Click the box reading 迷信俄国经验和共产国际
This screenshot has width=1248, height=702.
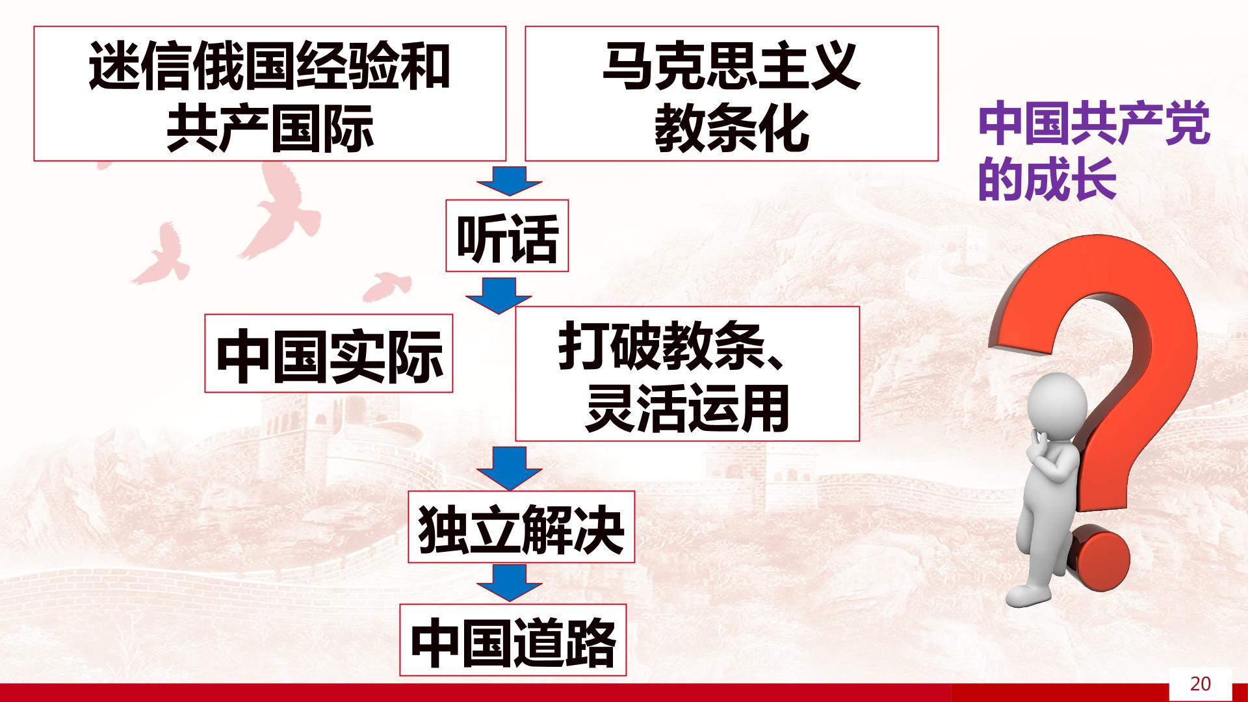270,94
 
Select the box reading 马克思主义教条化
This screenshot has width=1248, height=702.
731,94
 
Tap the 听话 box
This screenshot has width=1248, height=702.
507,236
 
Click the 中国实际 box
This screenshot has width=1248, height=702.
329,354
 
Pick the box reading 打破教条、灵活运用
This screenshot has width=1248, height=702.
687,374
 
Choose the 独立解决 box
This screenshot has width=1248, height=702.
521,527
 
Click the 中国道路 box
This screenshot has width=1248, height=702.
513,640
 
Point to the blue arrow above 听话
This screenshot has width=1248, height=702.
509,181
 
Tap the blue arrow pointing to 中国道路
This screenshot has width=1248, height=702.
509,583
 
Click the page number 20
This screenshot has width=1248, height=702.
1200,684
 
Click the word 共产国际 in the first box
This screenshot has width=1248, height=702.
270,129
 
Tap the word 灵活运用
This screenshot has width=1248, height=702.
687,409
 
